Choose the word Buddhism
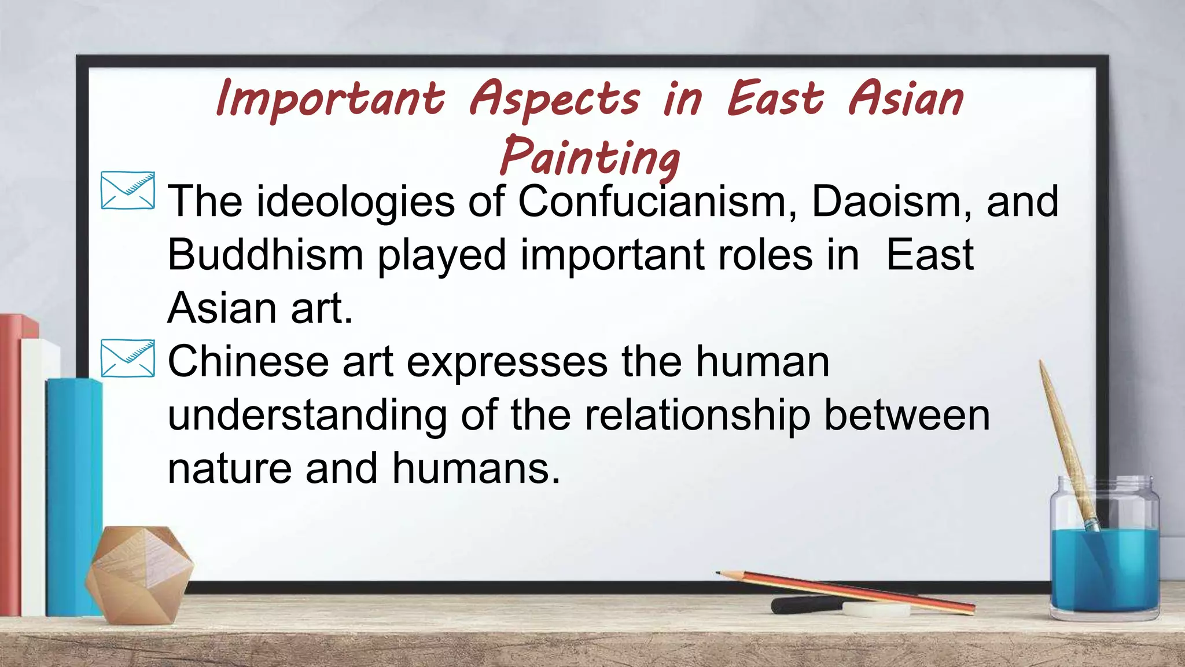click(265, 255)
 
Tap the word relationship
click(697, 415)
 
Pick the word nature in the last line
click(229, 468)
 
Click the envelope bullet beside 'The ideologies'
click(128, 190)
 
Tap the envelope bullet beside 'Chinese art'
click(128, 358)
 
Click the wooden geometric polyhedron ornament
click(139, 574)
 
